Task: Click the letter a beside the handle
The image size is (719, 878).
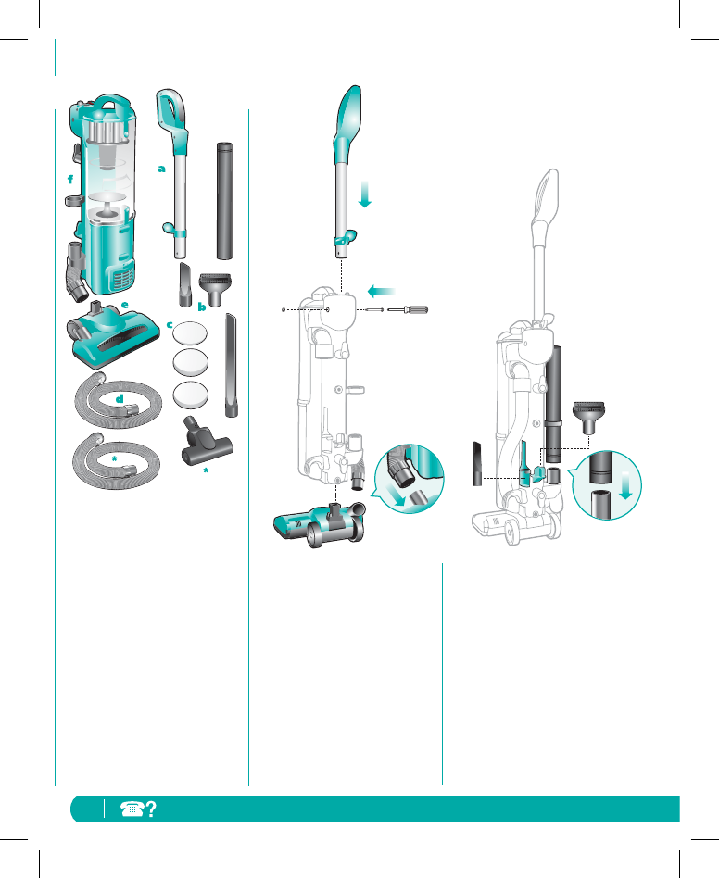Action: click(161, 169)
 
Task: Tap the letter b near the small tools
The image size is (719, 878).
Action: click(201, 306)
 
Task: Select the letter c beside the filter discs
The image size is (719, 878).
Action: click(170, 325)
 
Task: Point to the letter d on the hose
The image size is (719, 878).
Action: click(120, 398)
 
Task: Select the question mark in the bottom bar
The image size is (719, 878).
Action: click(149, 808)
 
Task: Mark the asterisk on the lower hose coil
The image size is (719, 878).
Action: click(113, 458)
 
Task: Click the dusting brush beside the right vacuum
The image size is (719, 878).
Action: click(589, 416)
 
